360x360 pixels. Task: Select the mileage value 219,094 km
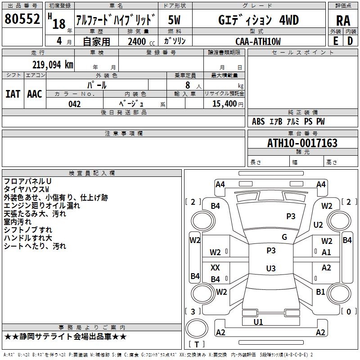(52, 64)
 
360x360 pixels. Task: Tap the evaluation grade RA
(343, 20)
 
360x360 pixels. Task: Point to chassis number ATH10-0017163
(302, 143)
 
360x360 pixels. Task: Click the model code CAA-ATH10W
(258, 41)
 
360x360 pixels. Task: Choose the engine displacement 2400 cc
(139, 41)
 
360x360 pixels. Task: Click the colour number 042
(74, 104)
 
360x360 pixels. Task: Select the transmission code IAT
(13, 94)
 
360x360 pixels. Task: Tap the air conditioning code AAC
(34, 94)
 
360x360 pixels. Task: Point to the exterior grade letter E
(335, 41)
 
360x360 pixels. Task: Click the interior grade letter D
(350, 41)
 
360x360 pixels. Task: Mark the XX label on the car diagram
(216, 268)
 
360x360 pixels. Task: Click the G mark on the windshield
(284, 237)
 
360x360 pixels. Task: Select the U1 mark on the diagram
(258, 322)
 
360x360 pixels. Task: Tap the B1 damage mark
(320, 292)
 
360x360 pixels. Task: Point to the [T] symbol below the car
(197, 345)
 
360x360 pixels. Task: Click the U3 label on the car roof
(271, 269)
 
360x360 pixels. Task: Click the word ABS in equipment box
(258, 121)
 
